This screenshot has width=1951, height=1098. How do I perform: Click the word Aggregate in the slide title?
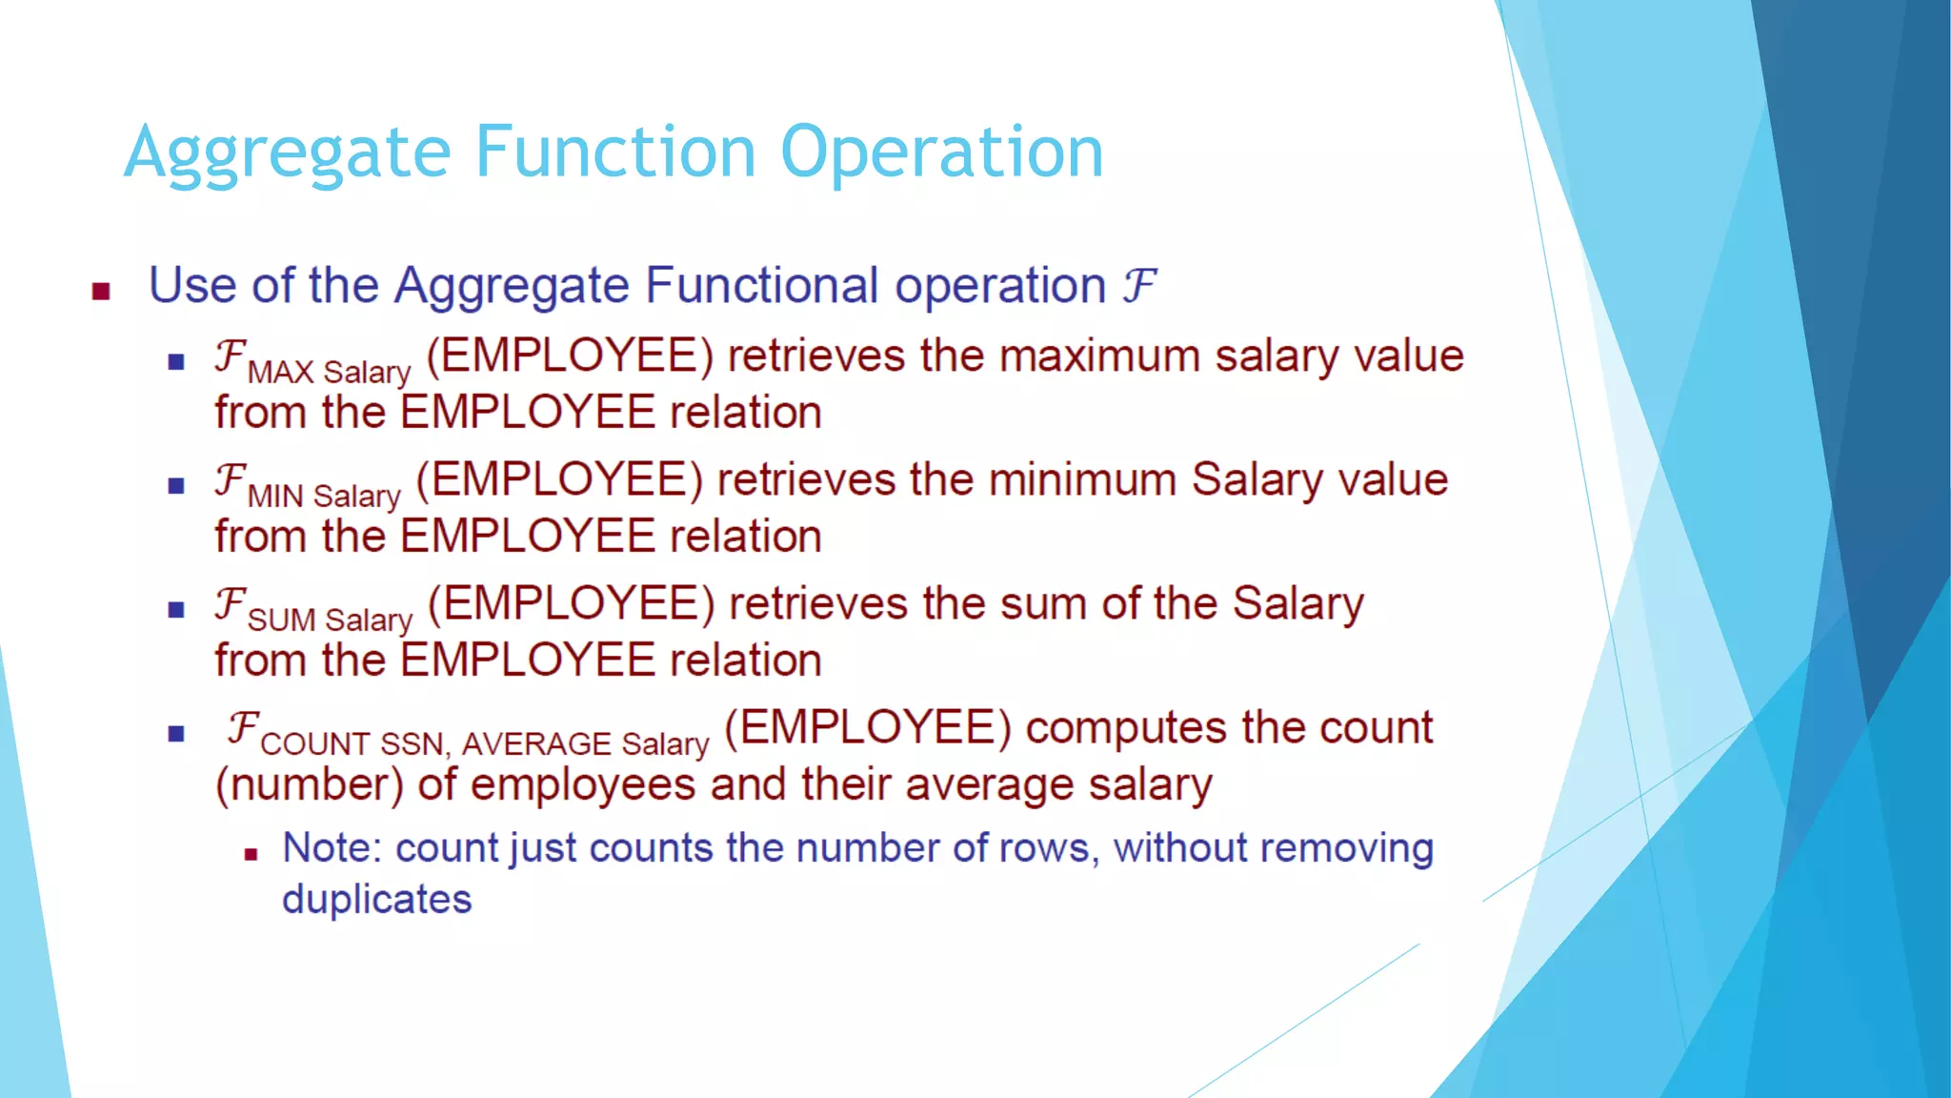pyautogui.click(x=287, y=153)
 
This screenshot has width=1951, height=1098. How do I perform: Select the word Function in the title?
pyautogui.click(x=615, y=152)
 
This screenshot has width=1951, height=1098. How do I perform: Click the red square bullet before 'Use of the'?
pyautogui.click(x=101, y=291)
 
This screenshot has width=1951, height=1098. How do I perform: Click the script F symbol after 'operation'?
pyautogui.click(x=1138, y=285)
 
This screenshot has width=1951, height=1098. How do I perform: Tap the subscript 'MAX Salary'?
pyautogui.click(x=329, y=372)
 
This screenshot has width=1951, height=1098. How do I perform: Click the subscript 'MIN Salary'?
pyautogui.click(x=324, y=496)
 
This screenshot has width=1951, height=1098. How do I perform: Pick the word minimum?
pyautogui.click(x=1082, y=479)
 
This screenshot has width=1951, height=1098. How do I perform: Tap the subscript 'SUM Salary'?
pyautogui.click(x=330, y=620)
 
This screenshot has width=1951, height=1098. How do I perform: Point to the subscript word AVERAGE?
pyautogui.click(x=536, y=743)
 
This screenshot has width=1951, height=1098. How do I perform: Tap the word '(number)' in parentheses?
pyautogui.click(x=310, y=785)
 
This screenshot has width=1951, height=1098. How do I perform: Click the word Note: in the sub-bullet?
pyautogui.click(x=332, y=848)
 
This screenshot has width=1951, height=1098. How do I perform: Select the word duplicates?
pyautogui.click(x=376, y=900)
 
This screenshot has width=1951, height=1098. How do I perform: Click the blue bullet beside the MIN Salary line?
pyautogui.click(x=176, y=486)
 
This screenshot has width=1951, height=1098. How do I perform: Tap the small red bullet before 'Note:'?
pyautogui.click(x=251, y=854)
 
